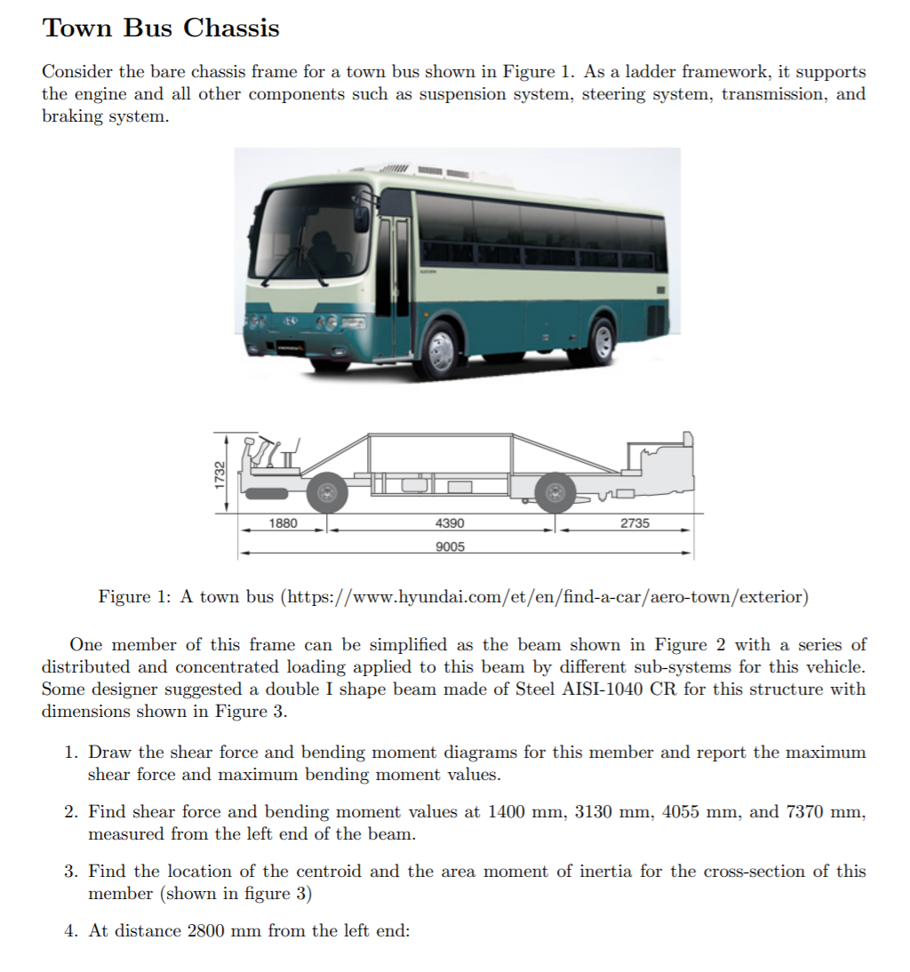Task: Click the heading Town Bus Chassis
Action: [161, 28]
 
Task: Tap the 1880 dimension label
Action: [283, 523]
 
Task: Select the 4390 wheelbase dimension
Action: [450, 523]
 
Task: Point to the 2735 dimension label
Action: [634, 523]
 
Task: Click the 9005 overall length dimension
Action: [450, 546]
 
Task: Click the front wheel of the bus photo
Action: [442, 350]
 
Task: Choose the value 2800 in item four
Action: [206, 931]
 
